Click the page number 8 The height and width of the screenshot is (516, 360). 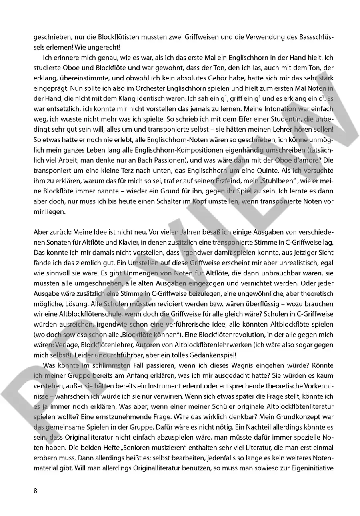(x=35, y=491)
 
